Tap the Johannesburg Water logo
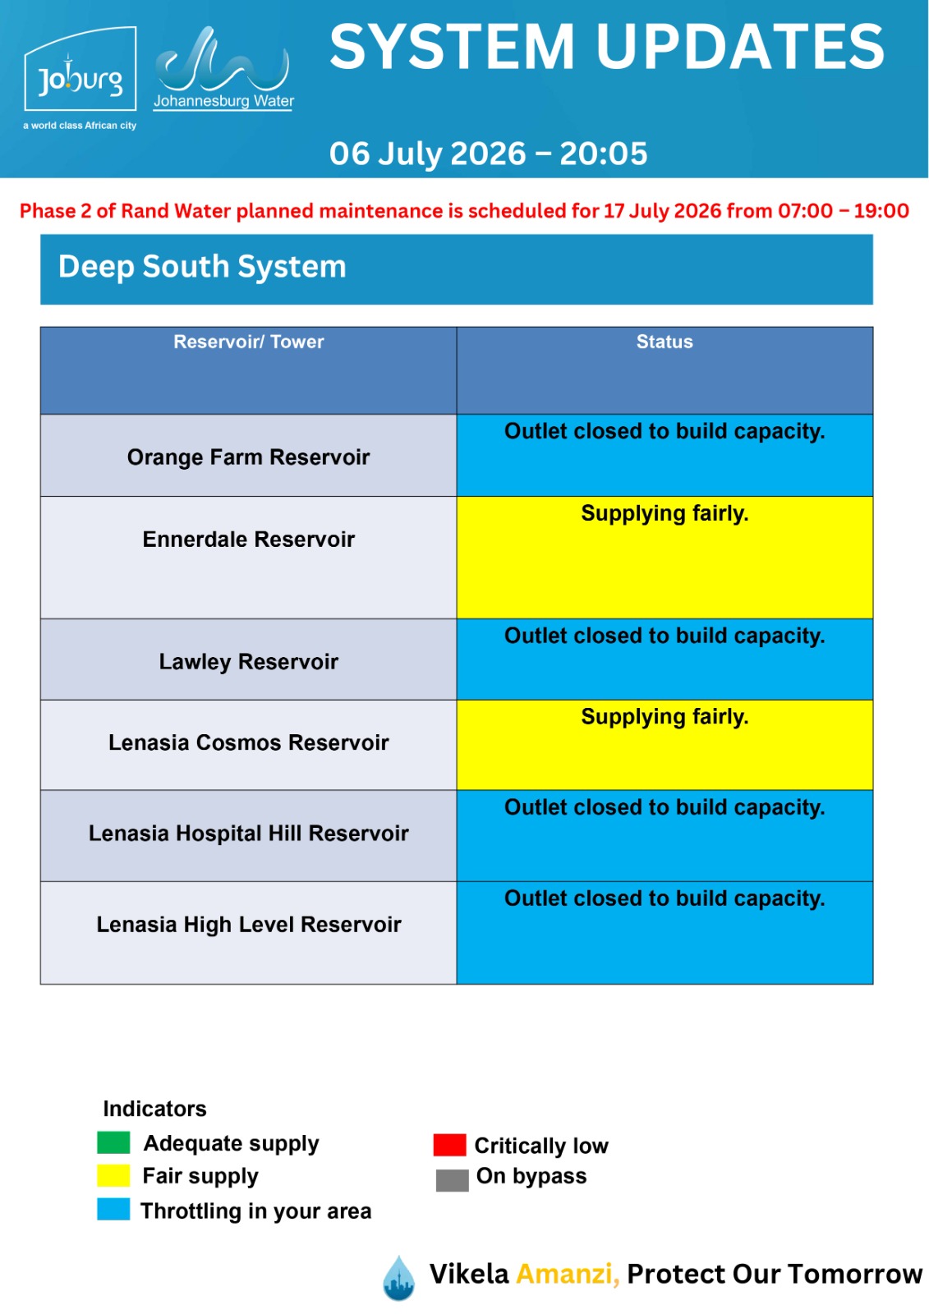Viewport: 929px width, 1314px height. click(223, 69)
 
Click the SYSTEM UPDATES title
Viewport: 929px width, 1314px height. click(607, 47)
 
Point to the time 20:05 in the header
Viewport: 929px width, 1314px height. click(603, 154)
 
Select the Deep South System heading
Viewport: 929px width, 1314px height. click(202, 267)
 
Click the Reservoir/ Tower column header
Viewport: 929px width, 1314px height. click(248, 342)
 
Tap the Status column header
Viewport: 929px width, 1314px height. click(665, 342)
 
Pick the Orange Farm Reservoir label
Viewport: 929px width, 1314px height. click(248, 457)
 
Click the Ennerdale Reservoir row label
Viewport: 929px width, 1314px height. click(248, 539)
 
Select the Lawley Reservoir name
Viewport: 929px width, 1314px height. click(248, 662)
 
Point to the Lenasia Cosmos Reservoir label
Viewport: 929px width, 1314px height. click(248, 742)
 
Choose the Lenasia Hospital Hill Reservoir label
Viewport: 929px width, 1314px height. click(248, 833)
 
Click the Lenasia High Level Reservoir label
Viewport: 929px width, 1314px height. click(248, 925)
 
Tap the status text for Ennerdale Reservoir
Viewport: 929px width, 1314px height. click(665, 513)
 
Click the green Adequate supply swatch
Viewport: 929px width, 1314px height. click(113, 1142)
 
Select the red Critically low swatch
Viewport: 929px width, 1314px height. click(449, 1145)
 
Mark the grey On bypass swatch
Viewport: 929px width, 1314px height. click(452, 1180)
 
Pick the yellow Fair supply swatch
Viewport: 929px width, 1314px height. click(113, 1175)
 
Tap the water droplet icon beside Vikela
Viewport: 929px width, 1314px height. click(398, 1278)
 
